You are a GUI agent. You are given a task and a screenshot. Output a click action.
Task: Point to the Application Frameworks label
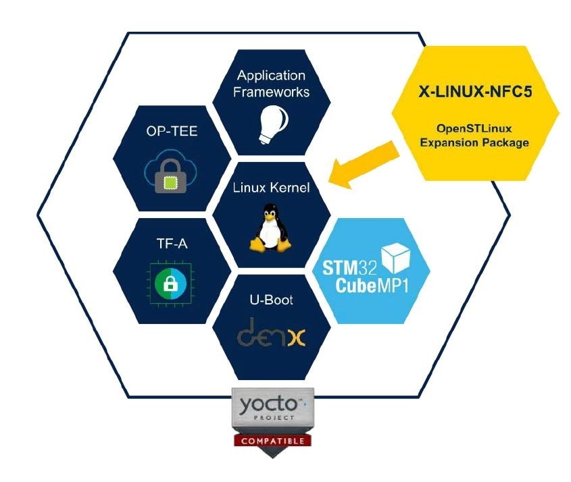(271, 84)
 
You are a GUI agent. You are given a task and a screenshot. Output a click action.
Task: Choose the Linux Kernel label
(271, 188)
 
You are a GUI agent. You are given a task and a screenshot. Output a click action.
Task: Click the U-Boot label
(271, 300)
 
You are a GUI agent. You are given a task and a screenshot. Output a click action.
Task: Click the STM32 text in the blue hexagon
(348, 267)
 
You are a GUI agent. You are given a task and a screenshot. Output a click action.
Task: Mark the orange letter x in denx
(295, 338)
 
